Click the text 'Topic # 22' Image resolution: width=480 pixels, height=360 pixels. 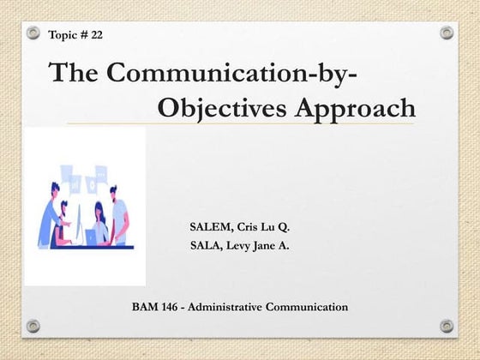[76, 35]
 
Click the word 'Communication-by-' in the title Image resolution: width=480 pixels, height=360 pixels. [219, 73]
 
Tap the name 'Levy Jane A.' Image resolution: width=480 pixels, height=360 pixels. [265, 245]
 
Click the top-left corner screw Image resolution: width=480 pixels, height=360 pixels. [33, 33]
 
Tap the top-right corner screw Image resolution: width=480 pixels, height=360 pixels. [447, 33]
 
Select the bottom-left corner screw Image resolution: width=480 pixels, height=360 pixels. [33, 326]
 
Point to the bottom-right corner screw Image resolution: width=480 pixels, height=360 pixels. [447, 326]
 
